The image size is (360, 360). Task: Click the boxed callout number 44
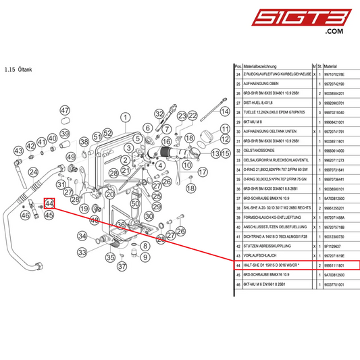tap(49, 203)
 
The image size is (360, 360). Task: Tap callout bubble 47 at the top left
tap(65, 111)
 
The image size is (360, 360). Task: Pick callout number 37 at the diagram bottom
tap(122, 266)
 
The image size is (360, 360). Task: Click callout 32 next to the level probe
tap(159, 113)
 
